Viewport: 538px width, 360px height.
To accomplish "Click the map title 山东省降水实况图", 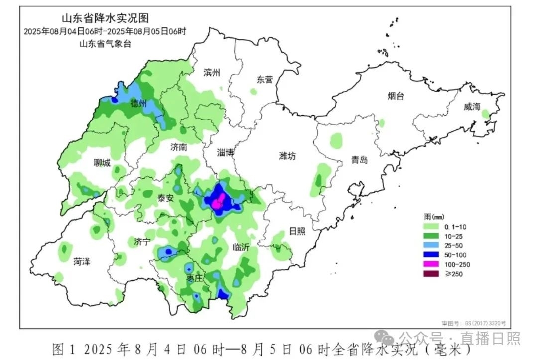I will [x=105, y=19].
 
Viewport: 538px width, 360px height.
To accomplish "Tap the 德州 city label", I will [x=138, y=104].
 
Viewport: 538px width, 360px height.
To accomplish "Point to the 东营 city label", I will [x=265, y=79].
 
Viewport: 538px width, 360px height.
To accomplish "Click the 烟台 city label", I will [x=396, y=96].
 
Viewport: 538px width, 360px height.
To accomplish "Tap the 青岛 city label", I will [x=359, y=160].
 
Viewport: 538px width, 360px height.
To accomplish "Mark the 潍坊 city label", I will [x=287, y=156].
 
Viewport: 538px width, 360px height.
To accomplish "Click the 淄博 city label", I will [x=226, y=153].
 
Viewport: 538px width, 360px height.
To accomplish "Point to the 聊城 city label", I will [x=102, y=163].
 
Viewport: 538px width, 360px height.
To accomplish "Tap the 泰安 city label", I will [x=165, y=198].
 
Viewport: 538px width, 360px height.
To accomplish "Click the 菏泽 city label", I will [x=82, y=261].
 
